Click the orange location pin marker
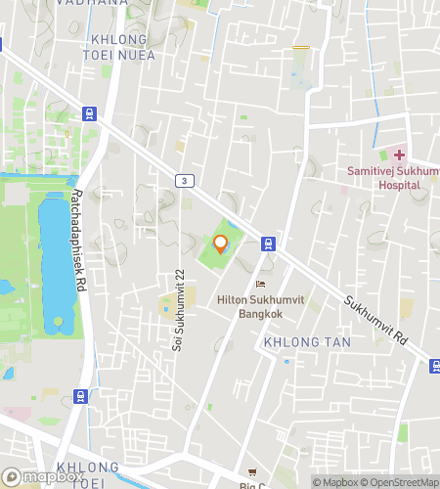[221, 244]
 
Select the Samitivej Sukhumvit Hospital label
[390, 177]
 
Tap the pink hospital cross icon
[399, 156]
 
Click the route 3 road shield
[183, 180]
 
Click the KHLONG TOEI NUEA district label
[119, 47]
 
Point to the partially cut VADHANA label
[96, 4]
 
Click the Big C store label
[253, 484]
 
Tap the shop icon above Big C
[254, 471]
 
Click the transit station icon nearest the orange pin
[267, 244]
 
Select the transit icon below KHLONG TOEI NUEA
[89, 112]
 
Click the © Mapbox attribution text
[334, 481]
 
